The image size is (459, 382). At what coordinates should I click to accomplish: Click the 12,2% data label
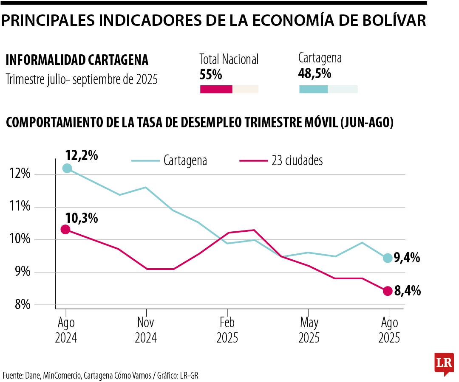(x=82, y=156)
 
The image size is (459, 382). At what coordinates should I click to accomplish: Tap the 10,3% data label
(x=82, y=219)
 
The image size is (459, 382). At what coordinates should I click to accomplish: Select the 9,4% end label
(x=407, y=257)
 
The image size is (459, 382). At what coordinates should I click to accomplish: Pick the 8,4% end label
(x=407, y=291)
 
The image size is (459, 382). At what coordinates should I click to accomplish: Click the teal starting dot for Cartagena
(x=67, y=168)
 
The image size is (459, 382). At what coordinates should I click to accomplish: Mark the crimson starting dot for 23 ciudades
(x=65, y=230)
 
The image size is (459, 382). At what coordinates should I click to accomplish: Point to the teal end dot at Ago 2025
(x=388, y=258)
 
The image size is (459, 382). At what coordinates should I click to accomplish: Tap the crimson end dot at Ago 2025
(x=388, y=291)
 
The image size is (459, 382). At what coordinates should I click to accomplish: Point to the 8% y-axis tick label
(x=20, y=305)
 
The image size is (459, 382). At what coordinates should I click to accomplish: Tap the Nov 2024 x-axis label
(x=146, y=330)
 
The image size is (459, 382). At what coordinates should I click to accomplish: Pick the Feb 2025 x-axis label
(x=227, y=330)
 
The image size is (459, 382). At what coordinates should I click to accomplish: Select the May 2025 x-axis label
(x=309, y=330)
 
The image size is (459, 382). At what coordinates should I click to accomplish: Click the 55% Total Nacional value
(x=211, y=75)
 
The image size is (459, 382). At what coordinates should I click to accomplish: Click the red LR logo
(x=444, y=364)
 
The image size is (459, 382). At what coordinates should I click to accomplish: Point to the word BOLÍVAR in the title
(x=389, y=20)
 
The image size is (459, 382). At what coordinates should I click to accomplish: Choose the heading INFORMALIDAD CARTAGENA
(x=77, y=60)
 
